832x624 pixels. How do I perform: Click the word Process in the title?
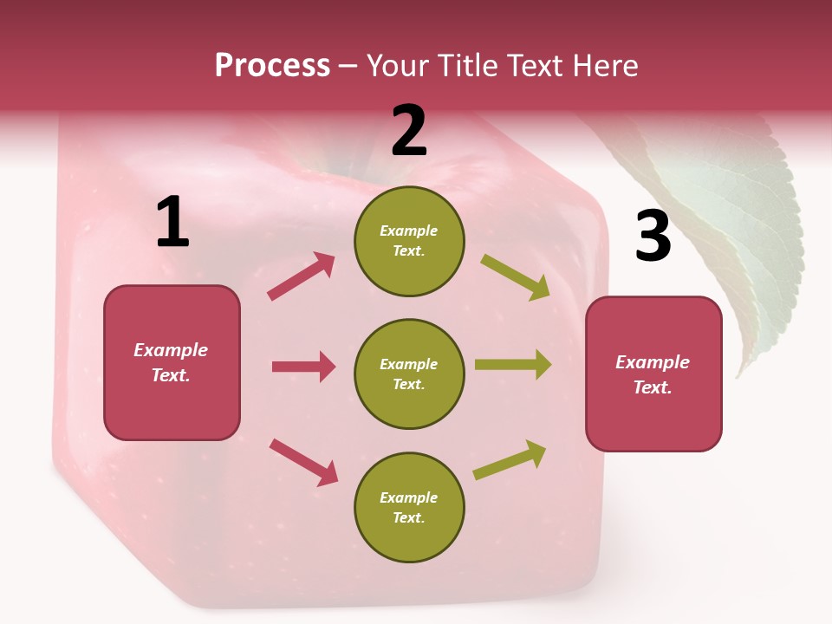coord(272,66)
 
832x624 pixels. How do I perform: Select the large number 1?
coord(172,223)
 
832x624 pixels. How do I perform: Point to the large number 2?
coord(409,132)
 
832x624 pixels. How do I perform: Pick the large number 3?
coord(653,237)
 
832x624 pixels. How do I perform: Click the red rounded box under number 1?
coord(172,362)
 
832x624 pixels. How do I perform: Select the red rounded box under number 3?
coord(653,374)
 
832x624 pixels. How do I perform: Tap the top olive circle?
coord(409,241)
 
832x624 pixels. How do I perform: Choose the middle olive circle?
coord(409,374)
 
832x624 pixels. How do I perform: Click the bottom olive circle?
coord(409,507)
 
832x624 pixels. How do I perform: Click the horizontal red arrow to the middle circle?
coord(303,367)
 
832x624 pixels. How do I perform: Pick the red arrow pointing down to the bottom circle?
coord(303,462)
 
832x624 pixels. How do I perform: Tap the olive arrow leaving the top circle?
coord(516,277)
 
